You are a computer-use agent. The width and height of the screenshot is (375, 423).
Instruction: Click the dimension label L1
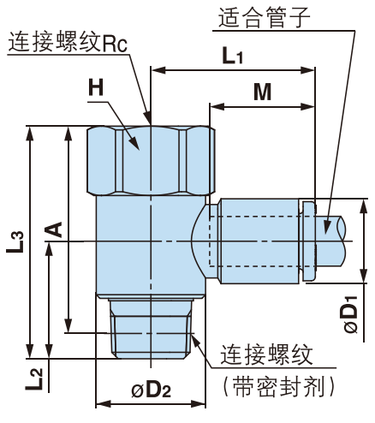pyautogui.click(x=232, y=57)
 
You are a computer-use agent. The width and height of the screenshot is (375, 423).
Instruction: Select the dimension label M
pyautogui.click(x=262, y=92)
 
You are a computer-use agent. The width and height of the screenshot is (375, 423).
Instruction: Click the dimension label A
pyautogui.click(x=51, y=229)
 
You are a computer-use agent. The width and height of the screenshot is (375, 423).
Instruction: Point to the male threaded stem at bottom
pyautogui.click(x=152, y=331)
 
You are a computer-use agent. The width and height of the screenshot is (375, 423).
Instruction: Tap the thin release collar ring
pyautogui.click(x=308, y=236)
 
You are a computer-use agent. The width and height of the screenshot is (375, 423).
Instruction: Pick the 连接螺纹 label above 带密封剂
pyautogui.click(x=270, y=354)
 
